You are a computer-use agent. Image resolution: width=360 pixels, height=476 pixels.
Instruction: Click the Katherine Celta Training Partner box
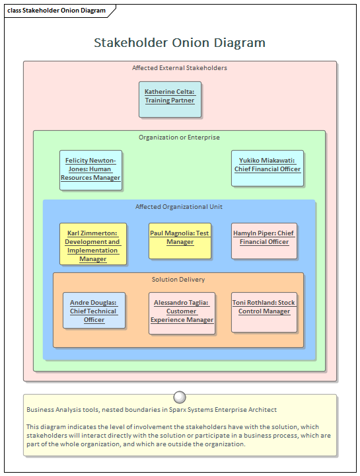click(x=170, y=99)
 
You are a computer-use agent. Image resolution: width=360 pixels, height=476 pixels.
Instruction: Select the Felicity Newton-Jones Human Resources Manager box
click(x=90, y=169)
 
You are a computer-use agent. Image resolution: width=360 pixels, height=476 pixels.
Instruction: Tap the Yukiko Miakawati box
click(x=267, y=168)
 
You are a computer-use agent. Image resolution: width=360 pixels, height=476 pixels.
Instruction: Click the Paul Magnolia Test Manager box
click(x=180, y=240)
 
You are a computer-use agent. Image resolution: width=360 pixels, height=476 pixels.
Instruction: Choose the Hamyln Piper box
click(x=264, y=240)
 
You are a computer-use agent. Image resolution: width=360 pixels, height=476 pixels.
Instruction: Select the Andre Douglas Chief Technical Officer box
click(x=93, y=310)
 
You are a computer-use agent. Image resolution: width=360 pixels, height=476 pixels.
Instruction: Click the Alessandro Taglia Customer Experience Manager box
click(x=182, y=312)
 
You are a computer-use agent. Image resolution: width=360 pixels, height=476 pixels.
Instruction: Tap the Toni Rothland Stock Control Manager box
click(x=264, y=311)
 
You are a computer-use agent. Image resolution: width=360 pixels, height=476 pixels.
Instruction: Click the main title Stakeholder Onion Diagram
click(x=180, y=43)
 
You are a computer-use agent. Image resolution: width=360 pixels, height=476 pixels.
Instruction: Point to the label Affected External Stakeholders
click(x=180, y=67)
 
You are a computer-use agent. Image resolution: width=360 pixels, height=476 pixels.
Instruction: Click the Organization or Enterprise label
click(x=179, y=138)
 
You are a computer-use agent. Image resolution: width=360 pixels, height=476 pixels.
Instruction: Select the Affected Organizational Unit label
click(x=179, y=207)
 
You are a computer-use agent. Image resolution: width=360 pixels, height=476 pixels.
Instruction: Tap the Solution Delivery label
click(x=178, y=280)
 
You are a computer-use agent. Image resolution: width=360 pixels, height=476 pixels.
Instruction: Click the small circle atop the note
click(x=179, y=397)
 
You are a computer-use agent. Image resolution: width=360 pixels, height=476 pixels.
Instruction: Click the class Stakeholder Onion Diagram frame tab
click(x=57, y=11)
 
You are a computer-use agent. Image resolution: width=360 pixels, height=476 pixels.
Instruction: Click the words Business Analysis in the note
click(x=52, y=410)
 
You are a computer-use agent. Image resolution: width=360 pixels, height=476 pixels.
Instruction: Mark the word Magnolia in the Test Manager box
click(x=180, y=233)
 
